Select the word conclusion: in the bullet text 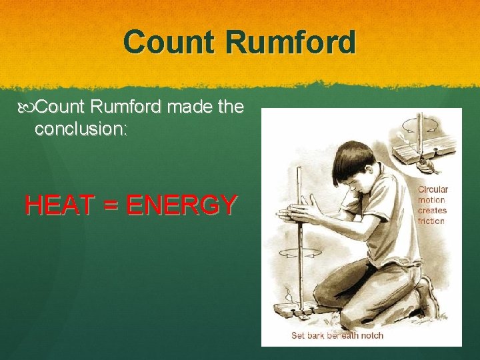81,129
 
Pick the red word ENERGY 181,205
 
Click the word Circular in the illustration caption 433,190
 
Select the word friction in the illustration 431,221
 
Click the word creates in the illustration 432,211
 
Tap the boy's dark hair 351,160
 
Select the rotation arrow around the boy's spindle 297,253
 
